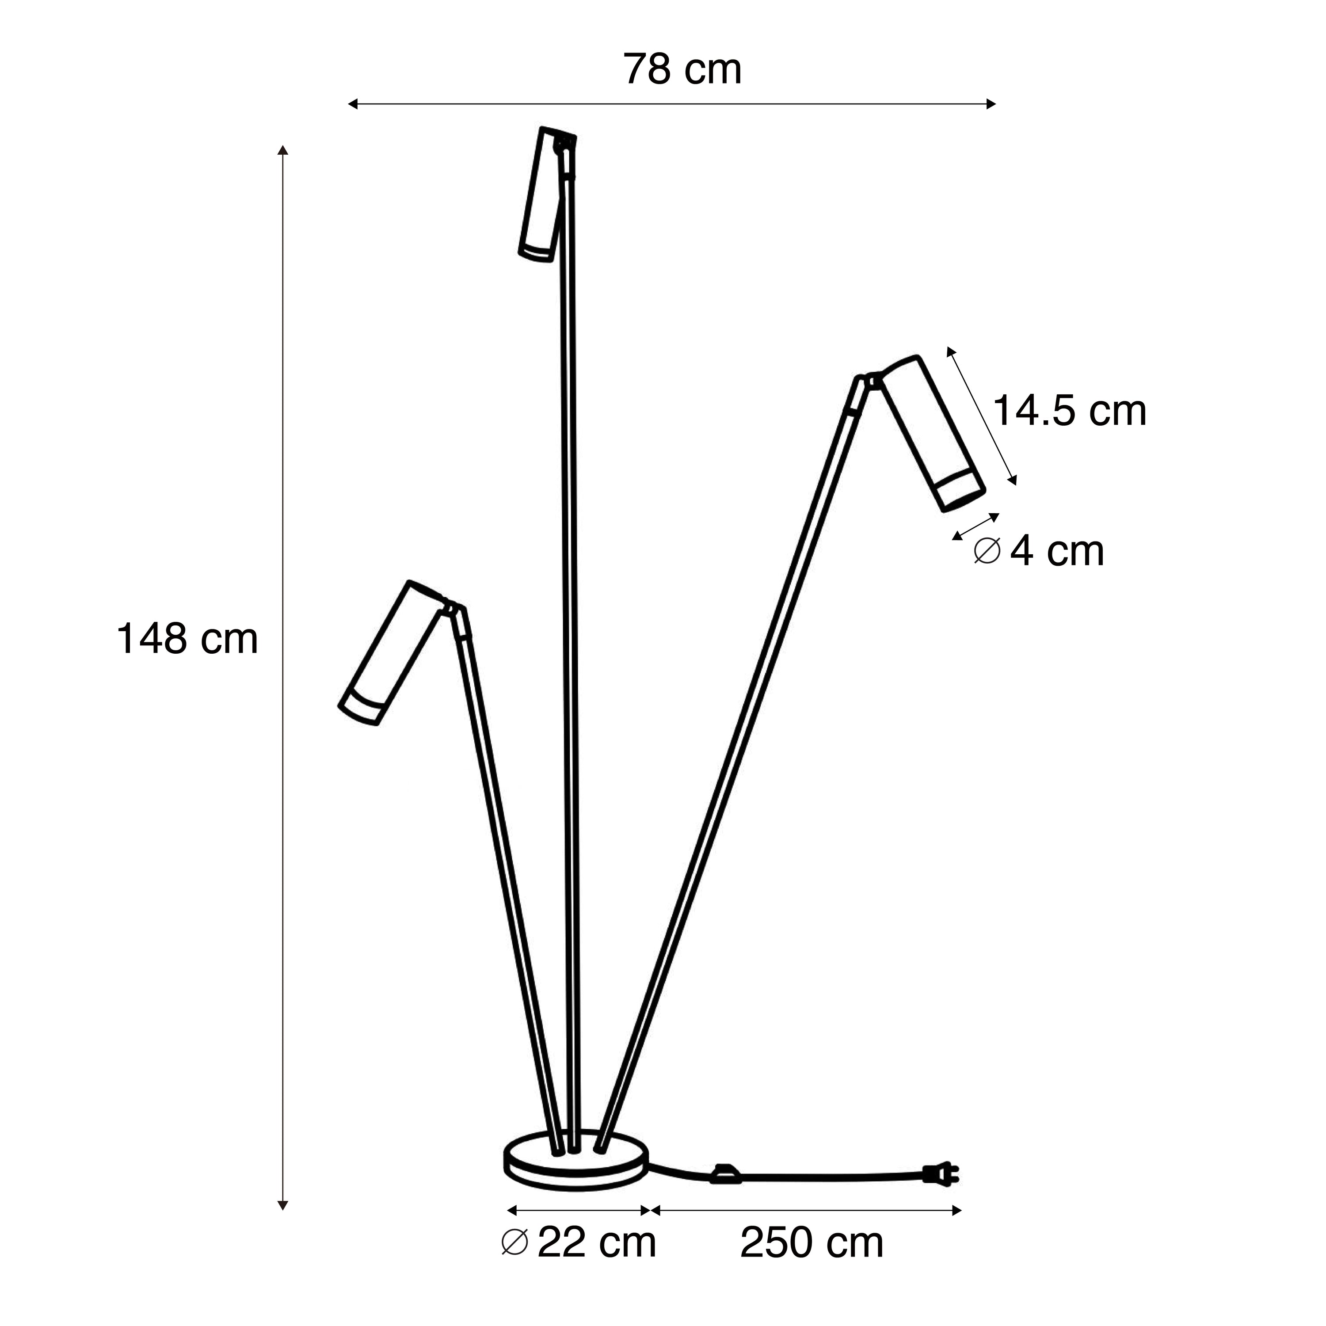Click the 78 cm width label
tap(682, 69)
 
